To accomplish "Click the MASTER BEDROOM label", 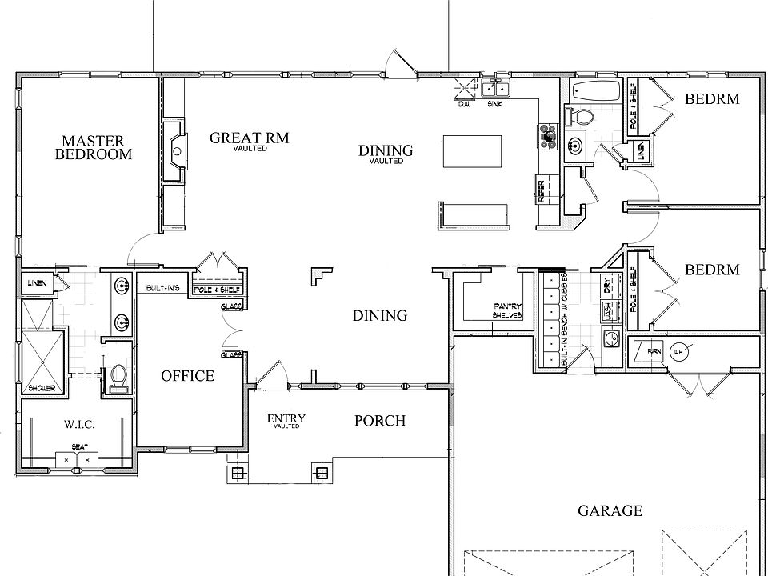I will click(94, 148).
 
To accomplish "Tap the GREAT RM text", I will click(249, 138).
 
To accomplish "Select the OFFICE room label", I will click(188, 375).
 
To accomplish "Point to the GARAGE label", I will click(610, 510).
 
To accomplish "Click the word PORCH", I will click(380, 421).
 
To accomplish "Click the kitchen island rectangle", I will click(474, 151).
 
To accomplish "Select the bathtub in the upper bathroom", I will click(594, 91).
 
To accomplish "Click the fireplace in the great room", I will click(174, 150).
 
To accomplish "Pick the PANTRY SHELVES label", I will click(507, 311).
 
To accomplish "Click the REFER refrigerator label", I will click(542, 190).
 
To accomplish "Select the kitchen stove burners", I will click(549, 135).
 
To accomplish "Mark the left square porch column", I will click(237, 474).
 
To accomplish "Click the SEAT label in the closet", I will click(79, 447).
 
